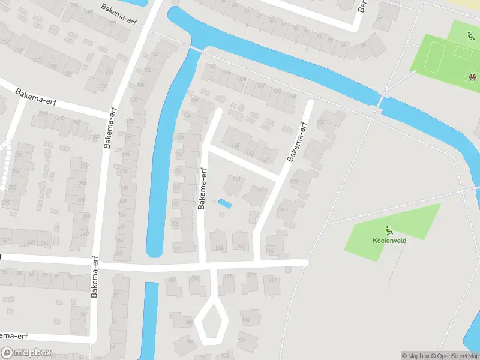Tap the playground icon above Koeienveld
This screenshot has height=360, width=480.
(x=389, y=229)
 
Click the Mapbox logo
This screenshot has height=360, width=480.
(x=26, y=353)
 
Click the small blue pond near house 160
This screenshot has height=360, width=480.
(x=224, y=204)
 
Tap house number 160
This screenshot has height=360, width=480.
(x=236, y=179)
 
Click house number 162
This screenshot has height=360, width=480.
(x=242, y=247)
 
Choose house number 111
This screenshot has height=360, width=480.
(x=227, y=277)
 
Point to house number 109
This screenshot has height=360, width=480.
(x=242, y=341)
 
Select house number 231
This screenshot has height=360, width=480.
(x=109, y=71)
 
